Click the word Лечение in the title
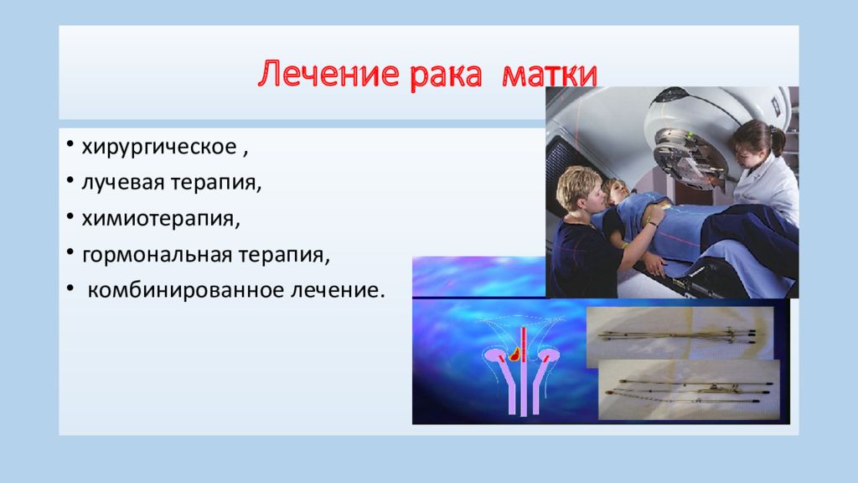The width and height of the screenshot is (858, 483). [327, 74]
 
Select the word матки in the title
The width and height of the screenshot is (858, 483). [549, 74]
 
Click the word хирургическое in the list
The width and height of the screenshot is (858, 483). [159, 148]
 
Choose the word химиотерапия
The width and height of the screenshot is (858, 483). [160, 219]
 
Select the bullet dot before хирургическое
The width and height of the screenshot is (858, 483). [70, 144]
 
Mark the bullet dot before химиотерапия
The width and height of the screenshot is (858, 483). [70, 216]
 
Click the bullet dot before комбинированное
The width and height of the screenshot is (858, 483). [70, 288]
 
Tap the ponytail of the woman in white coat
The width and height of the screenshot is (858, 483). [777, 140]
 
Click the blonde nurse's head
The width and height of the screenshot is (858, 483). [578, 189]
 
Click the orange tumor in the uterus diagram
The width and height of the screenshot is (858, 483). [514, 355]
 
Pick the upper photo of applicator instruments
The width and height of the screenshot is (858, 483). [680, 335]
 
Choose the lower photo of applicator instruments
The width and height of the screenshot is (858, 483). [690, 390]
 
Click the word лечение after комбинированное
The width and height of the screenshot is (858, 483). [338, 290]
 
